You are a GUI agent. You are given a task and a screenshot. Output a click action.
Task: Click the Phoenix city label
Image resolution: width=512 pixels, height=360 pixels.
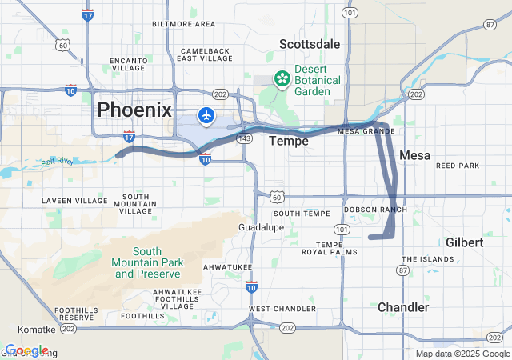coord(134,110)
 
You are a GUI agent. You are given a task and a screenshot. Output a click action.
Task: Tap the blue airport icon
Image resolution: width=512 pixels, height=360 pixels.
coord(206,116)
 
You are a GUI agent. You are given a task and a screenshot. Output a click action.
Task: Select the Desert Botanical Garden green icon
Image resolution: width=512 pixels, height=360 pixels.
coord(282,78)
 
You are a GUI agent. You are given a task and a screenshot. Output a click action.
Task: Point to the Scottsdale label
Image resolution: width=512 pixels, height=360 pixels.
coord(310,44)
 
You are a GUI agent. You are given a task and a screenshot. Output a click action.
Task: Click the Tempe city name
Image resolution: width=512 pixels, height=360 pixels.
coord(289,141)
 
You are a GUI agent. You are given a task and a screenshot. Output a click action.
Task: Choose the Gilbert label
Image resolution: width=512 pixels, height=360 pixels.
coord(464,242)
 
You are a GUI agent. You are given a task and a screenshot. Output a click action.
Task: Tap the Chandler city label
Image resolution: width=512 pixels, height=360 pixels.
coord(403,307)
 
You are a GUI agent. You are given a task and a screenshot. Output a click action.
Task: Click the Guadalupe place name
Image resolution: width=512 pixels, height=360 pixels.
coord(262,227)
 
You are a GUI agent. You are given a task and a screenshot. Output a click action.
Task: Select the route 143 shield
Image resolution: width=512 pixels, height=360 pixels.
coord(246,138)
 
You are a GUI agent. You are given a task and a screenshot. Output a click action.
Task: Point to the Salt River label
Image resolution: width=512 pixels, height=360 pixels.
coord(58,162)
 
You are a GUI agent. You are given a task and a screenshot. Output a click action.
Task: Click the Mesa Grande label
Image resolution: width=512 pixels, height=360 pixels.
coord(366,130)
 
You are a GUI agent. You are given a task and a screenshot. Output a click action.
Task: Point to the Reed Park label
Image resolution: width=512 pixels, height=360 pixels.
coord(458,166)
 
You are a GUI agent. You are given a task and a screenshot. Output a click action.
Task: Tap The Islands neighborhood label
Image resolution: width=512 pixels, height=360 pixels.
coord(427,259)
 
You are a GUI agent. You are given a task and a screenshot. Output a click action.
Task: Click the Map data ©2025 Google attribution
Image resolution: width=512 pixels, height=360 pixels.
coord(462,354)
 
